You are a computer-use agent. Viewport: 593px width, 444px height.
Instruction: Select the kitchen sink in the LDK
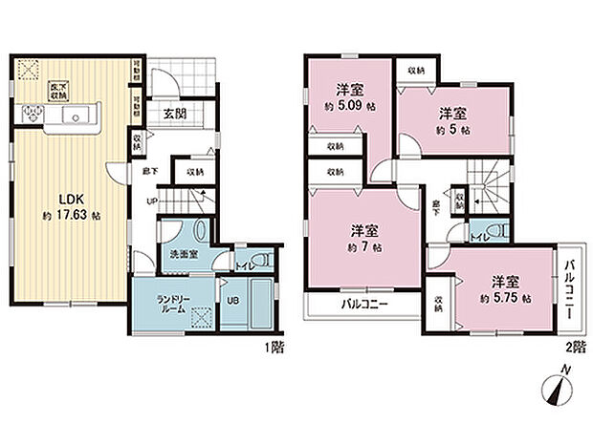(76, 116)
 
